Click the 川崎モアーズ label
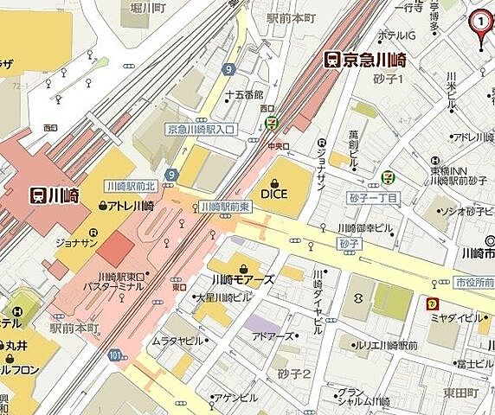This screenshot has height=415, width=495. pos(244,279)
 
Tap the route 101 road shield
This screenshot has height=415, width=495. pos(115,354)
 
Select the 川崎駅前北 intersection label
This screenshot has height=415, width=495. pos(130,186)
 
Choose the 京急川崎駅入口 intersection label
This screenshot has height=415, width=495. pos(201,129)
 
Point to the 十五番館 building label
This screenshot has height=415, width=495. pos(242,94)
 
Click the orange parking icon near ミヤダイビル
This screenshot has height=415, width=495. pos(431,303)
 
